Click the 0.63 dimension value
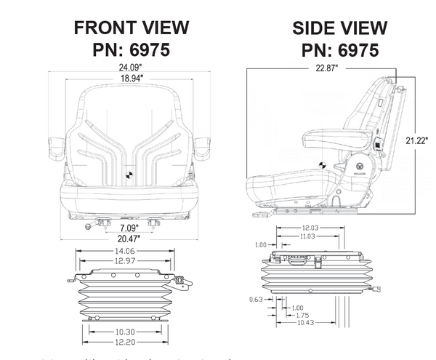[x=255, y=298]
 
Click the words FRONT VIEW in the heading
[x=132, y=28]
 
